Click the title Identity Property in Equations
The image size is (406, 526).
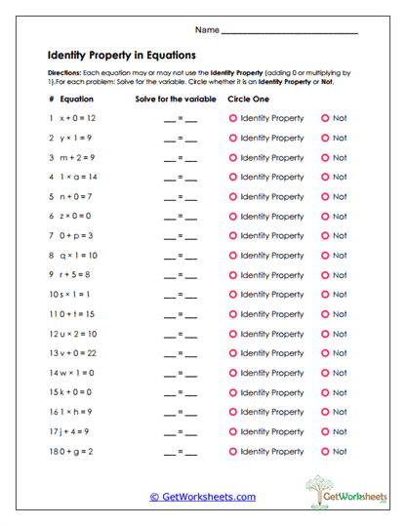122,55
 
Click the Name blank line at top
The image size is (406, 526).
290,33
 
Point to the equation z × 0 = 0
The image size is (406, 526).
77,217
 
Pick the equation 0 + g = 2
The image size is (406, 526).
78,452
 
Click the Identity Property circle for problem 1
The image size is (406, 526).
232,118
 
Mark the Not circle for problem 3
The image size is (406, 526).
325,158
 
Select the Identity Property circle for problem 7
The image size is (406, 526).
232,236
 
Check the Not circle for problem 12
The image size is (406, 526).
325,334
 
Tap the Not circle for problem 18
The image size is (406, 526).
325,452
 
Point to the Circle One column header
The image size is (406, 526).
247,100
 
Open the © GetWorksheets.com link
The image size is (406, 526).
202,497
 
